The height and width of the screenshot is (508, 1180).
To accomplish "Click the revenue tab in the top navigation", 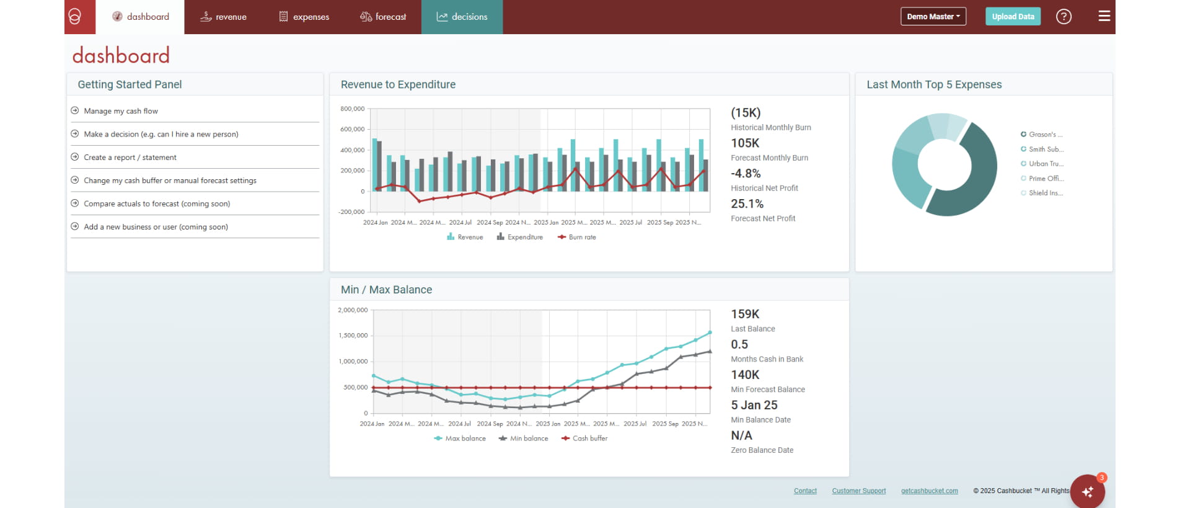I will pyautogui.click(x=224, y=17).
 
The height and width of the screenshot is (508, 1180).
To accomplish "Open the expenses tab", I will pyautogui.click(x=304, y=17).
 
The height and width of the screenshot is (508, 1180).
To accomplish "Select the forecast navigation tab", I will pyautogui.click(x=383, y=17).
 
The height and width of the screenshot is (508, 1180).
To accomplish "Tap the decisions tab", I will pyautogui.click(x=462, y=17).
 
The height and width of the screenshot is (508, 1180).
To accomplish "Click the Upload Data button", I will pyautogui.click(x=1013, y=17).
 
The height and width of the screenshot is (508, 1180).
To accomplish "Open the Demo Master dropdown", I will pyautogui.click(x=933, y=17).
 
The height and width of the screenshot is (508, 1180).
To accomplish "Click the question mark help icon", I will pyautogui.click(x=1063, y=17).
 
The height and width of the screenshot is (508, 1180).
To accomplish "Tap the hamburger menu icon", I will pyautogui.click(x=1104, y=16).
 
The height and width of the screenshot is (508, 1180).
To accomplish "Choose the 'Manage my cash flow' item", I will pyautogui.click(x=121, y=111).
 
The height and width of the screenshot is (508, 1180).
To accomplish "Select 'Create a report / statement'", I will pyautogui.click(x=130, y=158).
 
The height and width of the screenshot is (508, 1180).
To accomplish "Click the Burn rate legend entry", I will pyautogui.click(x=577, y=237).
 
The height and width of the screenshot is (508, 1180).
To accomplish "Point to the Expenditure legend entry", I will pyautogui.click(x=520, y=237).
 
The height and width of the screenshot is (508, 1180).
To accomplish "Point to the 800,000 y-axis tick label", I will pyautogui.click(x=352, y=109).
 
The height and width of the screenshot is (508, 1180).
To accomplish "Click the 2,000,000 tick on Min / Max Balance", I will pyautogui.click(x=353, y=310).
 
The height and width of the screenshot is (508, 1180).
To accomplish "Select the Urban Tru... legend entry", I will pyautogui.click(x=1046, y=164).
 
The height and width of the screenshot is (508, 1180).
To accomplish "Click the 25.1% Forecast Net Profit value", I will pyautogui.click(x=747, y=204).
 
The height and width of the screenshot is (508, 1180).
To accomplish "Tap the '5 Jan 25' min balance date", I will pyautogui.click(x=754, y=405).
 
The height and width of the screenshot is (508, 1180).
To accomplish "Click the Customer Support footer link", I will pyautogui.click(x=858, y=491).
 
